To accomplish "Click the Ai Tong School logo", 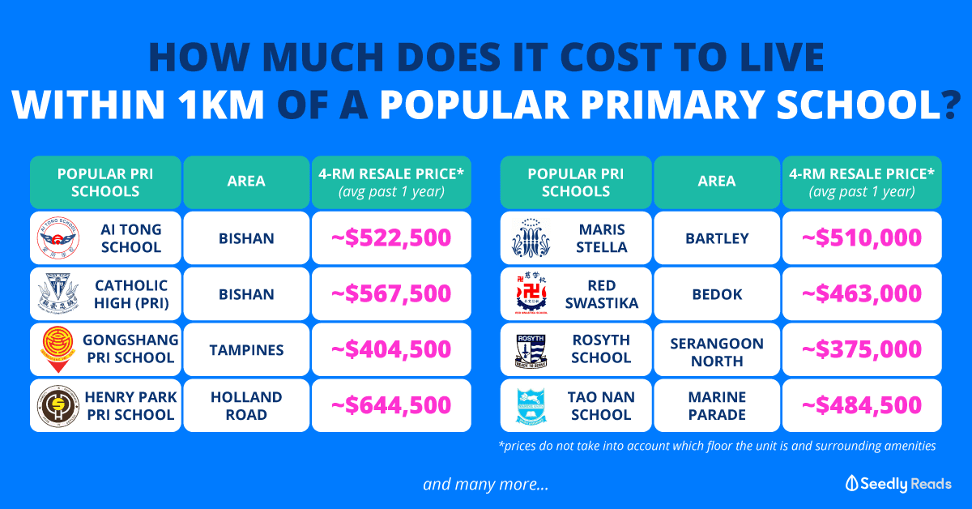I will (58, 238).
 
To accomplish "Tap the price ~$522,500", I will (391, 238).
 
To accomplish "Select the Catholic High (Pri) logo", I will (58, 294).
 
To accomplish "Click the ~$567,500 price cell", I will (391, 294).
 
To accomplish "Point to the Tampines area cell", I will (246, 349).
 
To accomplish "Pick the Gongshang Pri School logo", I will (58, 349).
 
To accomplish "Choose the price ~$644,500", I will (391, 405).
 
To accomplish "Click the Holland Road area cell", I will (246, 405).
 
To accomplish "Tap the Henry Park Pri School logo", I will (58, 405).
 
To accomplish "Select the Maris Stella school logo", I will (530, 238).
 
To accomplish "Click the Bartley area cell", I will (717, 238).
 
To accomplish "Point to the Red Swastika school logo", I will (530, 294).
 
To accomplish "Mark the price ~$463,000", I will (862, 294).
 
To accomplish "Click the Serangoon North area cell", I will (717, 349).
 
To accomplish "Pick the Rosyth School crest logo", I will (530, 349).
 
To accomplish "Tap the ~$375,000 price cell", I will (862, 349).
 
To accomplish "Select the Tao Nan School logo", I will (530, 405).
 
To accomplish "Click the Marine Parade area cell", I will (717, 405).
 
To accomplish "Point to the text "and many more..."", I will (486, 485).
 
